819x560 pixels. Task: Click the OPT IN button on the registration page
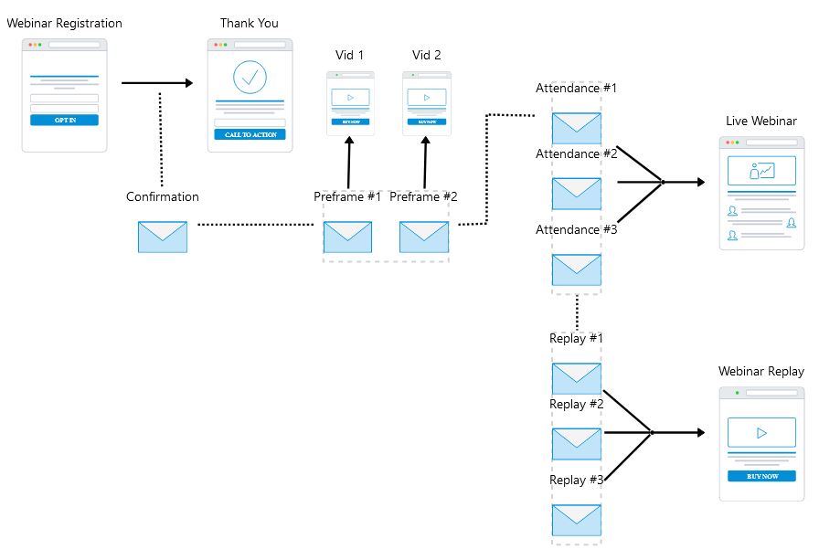[x=64, y=120]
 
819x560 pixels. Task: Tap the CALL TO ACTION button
[x=250, y=134]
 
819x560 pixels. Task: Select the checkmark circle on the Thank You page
[x=250, y=78]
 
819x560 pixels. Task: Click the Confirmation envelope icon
[x=162, y=237]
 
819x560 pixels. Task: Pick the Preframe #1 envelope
[x=347, y=237]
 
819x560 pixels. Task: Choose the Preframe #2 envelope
[x=423, y=237]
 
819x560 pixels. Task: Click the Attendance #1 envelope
[x=576, y=127]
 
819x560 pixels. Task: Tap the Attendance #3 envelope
[x=576, y=269]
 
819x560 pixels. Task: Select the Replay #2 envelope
[x=576, y=443]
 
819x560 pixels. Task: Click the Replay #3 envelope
[x=576, y=520]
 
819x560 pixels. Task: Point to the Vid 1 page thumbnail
[x=350, y=103]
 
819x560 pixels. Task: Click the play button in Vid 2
[x=426, y=97]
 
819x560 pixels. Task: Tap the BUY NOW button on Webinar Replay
[x=761, y=476]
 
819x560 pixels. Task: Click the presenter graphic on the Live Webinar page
[x=761, y=171]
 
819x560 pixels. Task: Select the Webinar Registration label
[x=64, y=23]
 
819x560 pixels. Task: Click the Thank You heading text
[x=250, y=23]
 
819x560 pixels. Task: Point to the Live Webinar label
[x=761, y=121]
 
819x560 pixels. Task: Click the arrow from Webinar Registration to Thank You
[x=157, y=83]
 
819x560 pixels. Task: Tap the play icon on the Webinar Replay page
[x=761, y=432]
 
